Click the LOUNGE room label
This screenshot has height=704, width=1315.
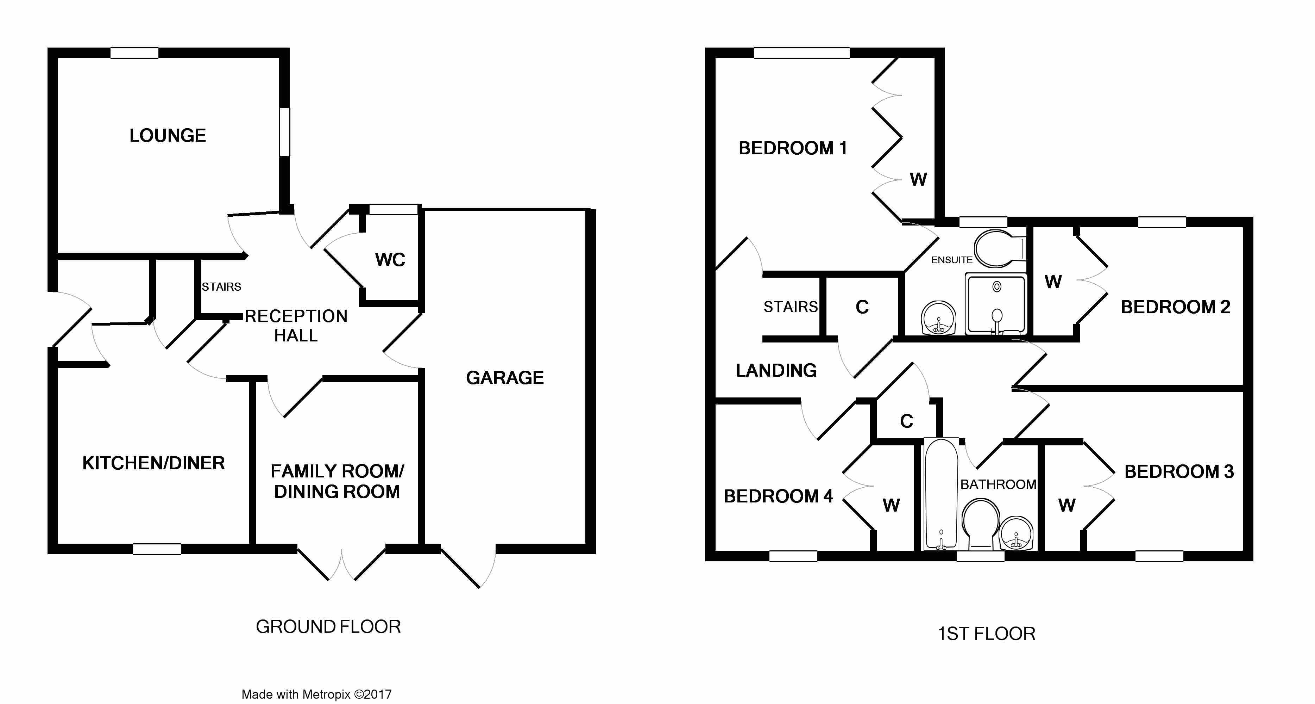(168, 135)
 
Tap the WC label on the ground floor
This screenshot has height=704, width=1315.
(390, 260)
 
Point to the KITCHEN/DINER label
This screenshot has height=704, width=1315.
(153, 463)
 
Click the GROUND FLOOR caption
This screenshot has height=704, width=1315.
(328, 627)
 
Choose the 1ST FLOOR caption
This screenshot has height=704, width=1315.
(986, 634)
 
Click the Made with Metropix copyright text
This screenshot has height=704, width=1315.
(316, 694)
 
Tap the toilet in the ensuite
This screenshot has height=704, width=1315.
(998, 249)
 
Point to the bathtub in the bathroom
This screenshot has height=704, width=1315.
(941, 493)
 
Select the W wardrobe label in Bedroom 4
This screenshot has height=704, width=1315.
(891, 506)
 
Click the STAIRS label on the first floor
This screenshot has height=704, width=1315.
(790, 307)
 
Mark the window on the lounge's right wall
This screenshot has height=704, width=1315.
(284, 131)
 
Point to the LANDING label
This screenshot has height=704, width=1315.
(776, 370)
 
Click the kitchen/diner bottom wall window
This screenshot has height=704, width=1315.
(157, 549)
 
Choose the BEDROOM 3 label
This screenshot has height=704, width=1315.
(1179, 471)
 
